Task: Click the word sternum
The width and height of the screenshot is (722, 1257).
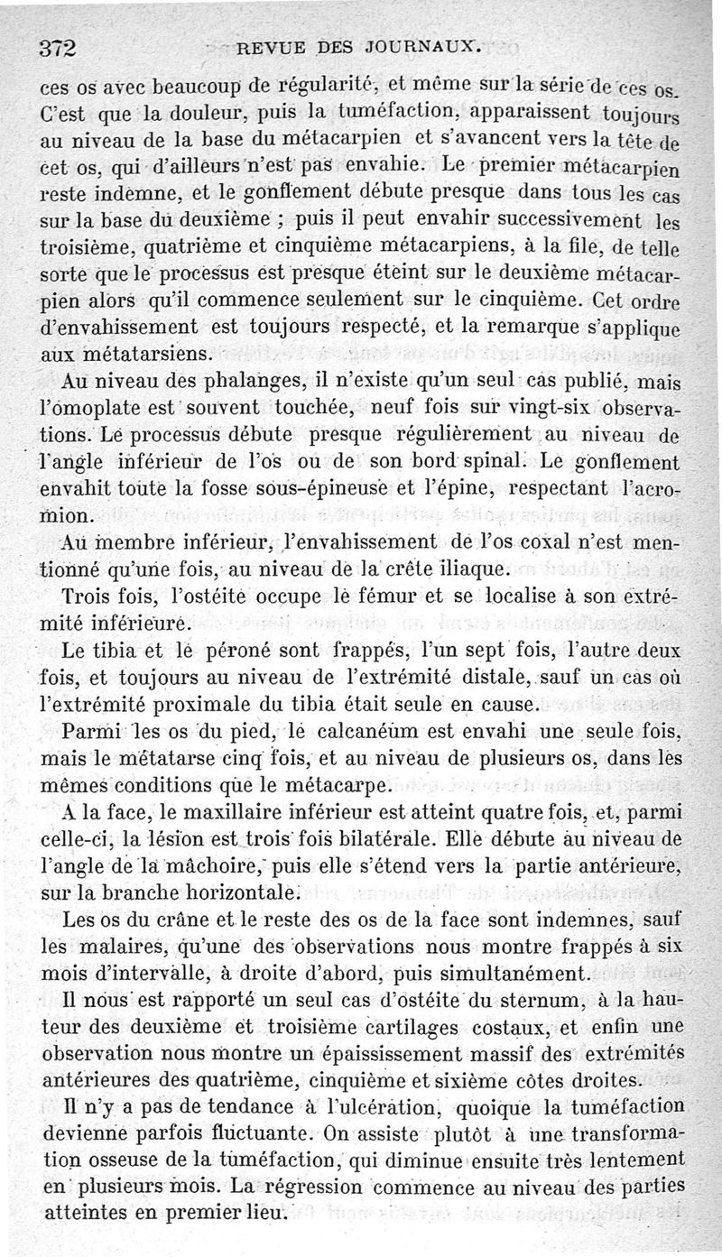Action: [524, 1002]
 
